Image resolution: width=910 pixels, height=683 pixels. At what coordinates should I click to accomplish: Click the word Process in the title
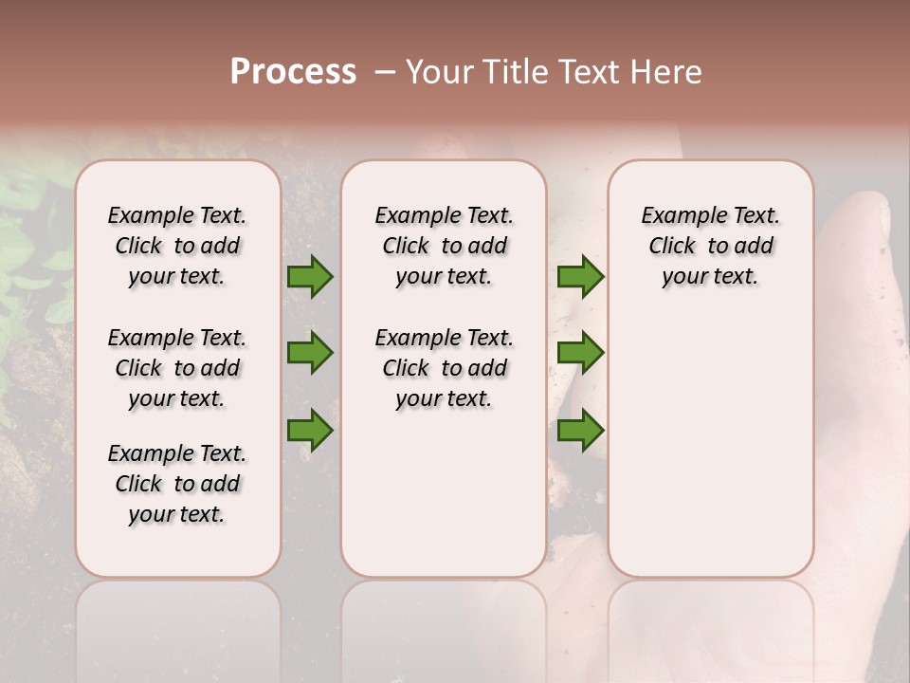click(293, 72)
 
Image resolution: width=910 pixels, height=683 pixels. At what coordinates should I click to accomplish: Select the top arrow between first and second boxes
click(310, 276)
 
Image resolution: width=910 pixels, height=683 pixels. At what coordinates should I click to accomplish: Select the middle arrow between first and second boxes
click(310, 353)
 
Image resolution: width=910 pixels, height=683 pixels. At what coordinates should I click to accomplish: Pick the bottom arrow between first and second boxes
click(310, 431)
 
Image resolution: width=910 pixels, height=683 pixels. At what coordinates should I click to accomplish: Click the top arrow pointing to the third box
click(580, 276)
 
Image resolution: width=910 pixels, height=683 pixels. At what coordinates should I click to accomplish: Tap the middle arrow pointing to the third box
click(580, 353)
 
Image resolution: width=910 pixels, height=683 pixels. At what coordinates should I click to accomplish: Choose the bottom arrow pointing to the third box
click(580, 431)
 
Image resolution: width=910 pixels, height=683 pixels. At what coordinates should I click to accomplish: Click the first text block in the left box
click(177, 246)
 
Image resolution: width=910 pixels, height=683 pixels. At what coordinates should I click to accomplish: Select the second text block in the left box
click(177, 368)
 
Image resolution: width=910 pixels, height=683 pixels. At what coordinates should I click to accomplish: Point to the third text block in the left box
click(177, 484)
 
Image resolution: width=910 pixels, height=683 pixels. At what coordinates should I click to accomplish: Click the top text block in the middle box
click(444, 246)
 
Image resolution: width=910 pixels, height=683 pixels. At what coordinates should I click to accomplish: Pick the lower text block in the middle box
click(444, 368)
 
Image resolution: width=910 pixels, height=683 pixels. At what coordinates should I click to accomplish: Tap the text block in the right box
click(710, 246)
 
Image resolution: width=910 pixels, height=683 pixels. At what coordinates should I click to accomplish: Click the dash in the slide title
click(385, 72)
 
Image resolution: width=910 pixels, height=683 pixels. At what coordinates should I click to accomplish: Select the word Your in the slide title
click(440, 72)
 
